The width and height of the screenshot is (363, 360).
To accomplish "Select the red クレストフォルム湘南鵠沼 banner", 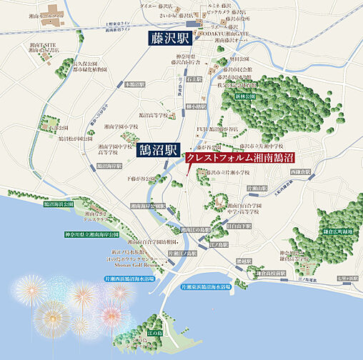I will [x=241, y=159].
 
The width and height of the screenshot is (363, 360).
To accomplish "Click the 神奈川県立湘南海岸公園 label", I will [x=94, y=234].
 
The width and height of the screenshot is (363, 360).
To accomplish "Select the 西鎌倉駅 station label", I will [x=302, y=172].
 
